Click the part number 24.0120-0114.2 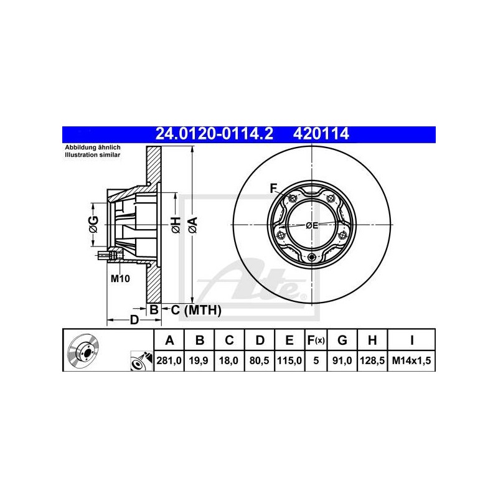(x=214, y=134)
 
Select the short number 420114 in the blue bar (x=321, y=134)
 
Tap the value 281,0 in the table (x=169, y=360)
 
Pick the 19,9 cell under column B (x=199, y=360)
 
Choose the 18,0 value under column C (x=228, y=360)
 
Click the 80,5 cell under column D (x=259, y=360)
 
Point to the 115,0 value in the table (x=289, y=360)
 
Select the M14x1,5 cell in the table (x=411, y=360)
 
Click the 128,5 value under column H (x=372, y=360)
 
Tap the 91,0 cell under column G (x=342, y=360)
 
